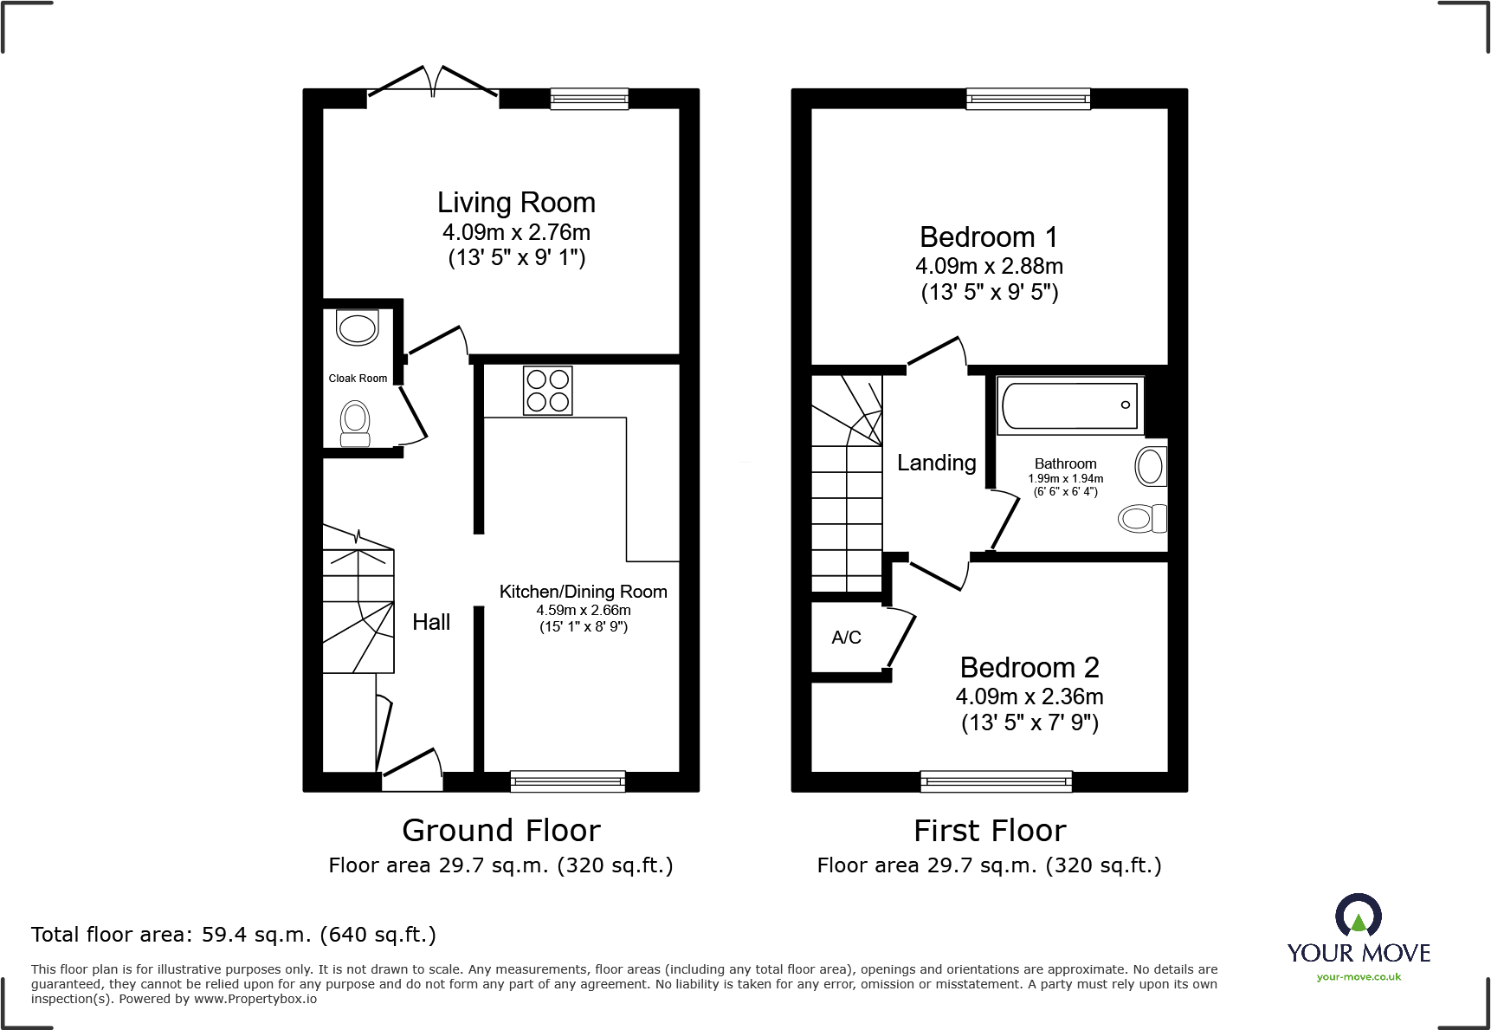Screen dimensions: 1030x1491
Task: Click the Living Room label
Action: point(516,203)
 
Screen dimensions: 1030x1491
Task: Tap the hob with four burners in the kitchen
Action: point(548,391)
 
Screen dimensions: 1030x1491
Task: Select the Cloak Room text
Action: point(358,379)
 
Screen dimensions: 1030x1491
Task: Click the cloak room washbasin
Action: point(357,328)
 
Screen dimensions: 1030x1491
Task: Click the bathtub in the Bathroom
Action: point(1069,405)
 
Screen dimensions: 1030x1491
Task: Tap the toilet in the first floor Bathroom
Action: point(1142,519)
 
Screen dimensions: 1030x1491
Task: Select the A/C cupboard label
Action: point(846,638)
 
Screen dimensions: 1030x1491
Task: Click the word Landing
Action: point(936,463)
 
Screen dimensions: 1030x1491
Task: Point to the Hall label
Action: point(431,622)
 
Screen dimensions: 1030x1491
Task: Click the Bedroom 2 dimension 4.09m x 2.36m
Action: point(1029,696)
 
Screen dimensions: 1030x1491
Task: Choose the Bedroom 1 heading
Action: point(988,237)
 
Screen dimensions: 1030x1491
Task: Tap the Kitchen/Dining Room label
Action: point(583,592)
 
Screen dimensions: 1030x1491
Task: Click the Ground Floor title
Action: point(500,831)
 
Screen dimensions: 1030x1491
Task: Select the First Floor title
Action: point(990,831)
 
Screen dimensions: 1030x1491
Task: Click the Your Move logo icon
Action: point(1358,915)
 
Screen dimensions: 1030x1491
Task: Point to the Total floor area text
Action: point(233,935)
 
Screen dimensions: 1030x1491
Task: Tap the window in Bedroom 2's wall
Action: point(996,781)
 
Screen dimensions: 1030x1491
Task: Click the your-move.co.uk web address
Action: point(1358,977)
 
